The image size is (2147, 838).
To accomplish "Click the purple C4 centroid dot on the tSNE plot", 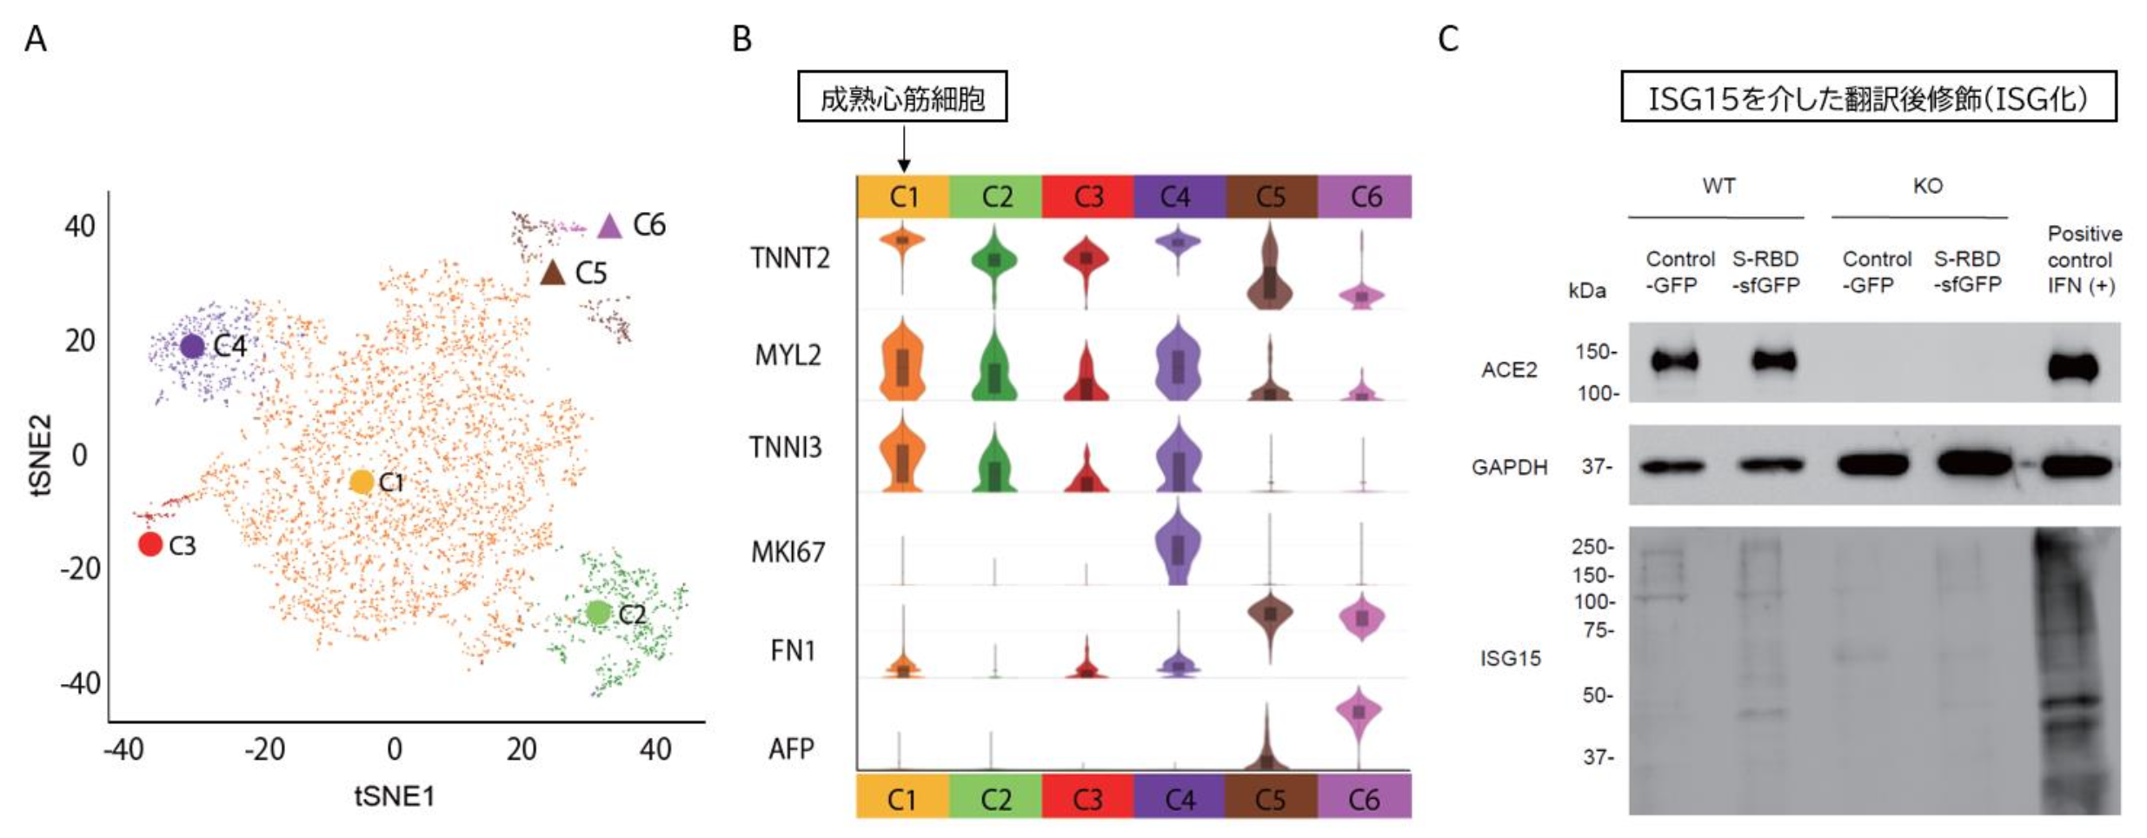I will click(x=192, y=346).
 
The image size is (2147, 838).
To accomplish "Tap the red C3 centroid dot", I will click(x=150, y=544).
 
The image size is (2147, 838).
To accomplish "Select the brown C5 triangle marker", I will click(x=553, y=273).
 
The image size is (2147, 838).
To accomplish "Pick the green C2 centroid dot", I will click(x=597, y=612).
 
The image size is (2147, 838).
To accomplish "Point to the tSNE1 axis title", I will click(x=394, y=795).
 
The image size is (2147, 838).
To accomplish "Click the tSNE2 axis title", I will click(x=41, y=455).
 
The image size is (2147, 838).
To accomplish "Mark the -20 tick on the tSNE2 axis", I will click(x=80, y=569).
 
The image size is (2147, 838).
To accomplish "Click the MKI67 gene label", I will click(x=788, y=552).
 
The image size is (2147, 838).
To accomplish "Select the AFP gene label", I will click(x=791, y=748).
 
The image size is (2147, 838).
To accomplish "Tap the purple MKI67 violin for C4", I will click(x=1178, y=548).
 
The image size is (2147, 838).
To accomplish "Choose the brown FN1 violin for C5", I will click(x=1270, y=615).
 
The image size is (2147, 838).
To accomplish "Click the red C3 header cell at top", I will click(x=1087, y=196).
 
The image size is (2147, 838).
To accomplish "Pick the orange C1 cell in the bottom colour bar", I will click(x=901, y=799).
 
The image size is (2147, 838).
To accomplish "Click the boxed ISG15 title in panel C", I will click(x=1868, y=97).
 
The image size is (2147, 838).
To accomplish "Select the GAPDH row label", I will click(x=1509, y=468).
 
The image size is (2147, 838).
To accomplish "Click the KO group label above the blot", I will click(x=1927, y=186).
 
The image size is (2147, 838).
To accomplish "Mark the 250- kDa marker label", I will click(x=1592, y=547).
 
